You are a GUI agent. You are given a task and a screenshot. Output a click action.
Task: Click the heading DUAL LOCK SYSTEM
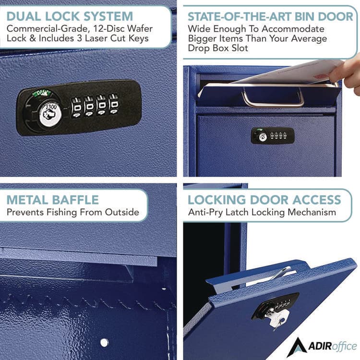pyautogui.click(x=70, y=16)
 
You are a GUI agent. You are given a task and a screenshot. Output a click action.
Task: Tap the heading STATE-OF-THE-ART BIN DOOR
pyautogui.click(x=270, y=17)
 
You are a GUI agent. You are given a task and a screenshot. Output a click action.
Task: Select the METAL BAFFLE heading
pyautogui.click(x=53, y=199)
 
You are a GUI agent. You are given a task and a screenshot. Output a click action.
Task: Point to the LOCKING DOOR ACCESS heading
pyautogui.click(x=264, y=199)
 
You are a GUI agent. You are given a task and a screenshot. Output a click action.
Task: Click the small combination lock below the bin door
pyautogui.click(x=272, y=135)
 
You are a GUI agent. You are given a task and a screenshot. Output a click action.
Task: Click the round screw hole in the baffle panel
pyautogui.click(x=104, y=342)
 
